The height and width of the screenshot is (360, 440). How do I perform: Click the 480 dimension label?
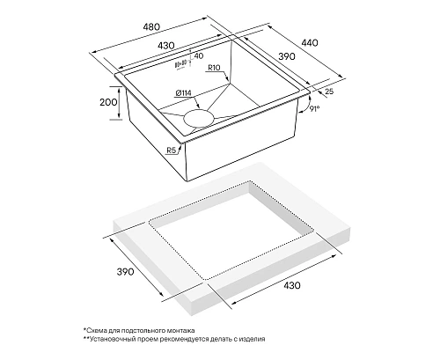tap(151, 26)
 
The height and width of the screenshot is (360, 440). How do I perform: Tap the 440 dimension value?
tap(310, 43)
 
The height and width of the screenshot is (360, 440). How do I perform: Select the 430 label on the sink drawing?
tap(166, 46)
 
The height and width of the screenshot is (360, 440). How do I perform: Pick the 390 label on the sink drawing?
tap(287, 56)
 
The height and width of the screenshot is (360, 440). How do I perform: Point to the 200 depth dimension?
tap(108, 102)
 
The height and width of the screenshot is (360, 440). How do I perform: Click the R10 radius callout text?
tap(214, 68)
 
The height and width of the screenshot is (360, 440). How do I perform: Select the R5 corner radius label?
tap(171, 151)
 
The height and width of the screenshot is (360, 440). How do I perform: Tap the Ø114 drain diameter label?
tap(183, 93)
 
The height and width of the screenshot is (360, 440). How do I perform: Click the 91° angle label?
tap(314, 109)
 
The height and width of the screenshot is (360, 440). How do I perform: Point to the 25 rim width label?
tap(329, 92)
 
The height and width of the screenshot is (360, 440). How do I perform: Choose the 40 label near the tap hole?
tap(199, 55)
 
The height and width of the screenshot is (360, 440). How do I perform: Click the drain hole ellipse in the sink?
tap(199, 118)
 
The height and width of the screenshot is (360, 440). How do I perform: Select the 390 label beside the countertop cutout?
tap(125, 272)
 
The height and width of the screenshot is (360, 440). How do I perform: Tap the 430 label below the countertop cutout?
tap(292, 285)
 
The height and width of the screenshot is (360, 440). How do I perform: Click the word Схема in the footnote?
tap(95, 331)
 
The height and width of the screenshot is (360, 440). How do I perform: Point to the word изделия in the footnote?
tap(253, 339)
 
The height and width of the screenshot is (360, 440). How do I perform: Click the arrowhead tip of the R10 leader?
tap(229, 81)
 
